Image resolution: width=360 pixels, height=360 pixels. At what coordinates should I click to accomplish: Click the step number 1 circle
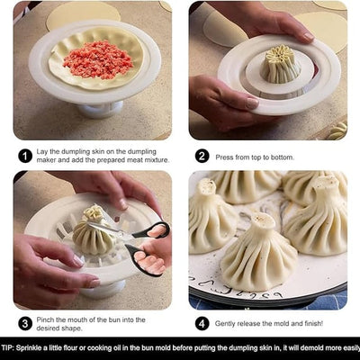25,155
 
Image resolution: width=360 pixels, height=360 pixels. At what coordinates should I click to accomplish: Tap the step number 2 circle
202,155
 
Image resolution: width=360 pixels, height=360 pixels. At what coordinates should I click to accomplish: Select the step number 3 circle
25,322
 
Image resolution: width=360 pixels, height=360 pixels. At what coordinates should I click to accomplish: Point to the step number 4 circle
202,322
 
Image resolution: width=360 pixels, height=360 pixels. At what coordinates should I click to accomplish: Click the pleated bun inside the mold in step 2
282,65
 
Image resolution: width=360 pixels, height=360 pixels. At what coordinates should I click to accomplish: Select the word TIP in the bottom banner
10,346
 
